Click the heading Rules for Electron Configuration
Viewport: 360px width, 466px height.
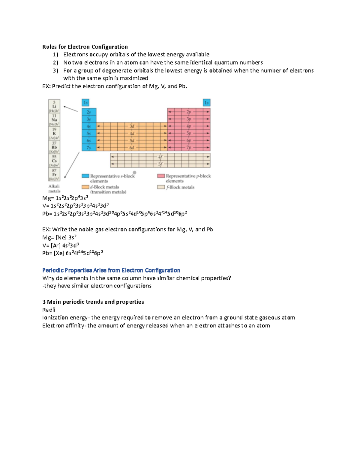85,47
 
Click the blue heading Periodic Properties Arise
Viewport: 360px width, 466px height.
111,270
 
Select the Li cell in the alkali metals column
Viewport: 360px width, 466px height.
54,106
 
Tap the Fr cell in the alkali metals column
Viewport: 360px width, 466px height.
54,175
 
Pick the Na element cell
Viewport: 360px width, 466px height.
54,120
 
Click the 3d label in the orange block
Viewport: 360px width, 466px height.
132,126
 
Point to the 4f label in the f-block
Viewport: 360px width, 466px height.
160,157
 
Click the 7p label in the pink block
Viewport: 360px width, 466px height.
189,148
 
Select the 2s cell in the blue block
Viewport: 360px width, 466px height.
89,112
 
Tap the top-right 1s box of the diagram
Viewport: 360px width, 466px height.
206,103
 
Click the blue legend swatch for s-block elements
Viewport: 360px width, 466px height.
85,176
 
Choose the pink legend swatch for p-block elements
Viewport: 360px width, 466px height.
161,176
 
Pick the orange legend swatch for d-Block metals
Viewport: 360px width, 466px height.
85,187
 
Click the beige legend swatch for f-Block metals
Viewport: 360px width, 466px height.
161,187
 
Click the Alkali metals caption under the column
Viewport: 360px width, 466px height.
54,189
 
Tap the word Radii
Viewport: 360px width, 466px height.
49,310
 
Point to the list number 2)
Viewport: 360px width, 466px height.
55,63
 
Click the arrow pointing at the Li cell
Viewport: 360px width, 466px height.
71,109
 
